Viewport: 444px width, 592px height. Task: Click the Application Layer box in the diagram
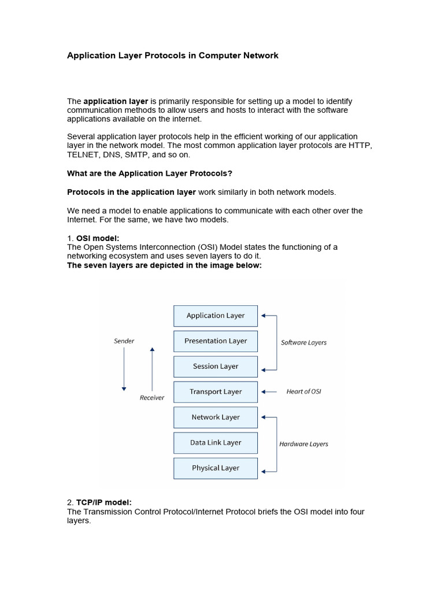[x=216, y=316]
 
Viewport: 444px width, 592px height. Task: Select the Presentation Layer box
[x=216, y=341]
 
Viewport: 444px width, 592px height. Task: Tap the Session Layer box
[x=216, y=367]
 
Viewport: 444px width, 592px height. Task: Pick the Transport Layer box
[x=216, y=392]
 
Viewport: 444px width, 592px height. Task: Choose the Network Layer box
[x=216, y=417]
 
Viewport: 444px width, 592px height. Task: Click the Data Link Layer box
[x=216, y=443]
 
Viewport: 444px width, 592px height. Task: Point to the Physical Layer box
[x=216, y=468]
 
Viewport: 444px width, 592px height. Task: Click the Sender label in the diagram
[x=124, y=341]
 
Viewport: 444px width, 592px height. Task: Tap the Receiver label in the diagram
[x=152, y=398]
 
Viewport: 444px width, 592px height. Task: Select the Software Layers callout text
[x=304, y=343]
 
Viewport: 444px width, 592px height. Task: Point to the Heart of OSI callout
[x=304, y=392]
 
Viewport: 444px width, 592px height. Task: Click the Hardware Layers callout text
[x=304, y=445]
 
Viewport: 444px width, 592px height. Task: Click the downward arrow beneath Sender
[x=124, y=370]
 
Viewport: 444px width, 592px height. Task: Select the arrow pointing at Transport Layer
[x=269, y=392]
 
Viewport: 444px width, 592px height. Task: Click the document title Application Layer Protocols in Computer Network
[x=173, y=55]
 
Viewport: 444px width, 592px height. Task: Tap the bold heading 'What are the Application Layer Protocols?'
[x=150, y=173]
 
